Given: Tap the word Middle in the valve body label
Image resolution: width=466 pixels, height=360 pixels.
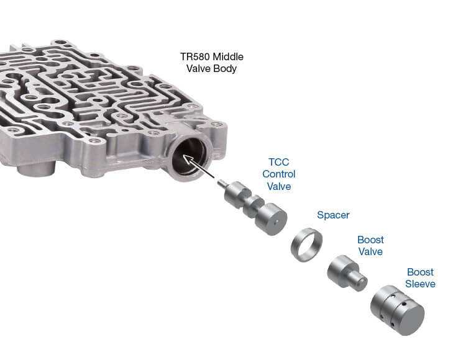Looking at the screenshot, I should (224, 56).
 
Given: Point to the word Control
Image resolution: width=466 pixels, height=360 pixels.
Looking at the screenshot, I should (278, 174).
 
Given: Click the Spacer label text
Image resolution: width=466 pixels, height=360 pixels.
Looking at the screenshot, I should (333, 215).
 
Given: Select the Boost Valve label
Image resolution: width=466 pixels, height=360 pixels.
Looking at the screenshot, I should (370, 246).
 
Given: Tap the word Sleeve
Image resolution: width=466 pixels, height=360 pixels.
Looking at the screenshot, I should (421, 284).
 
